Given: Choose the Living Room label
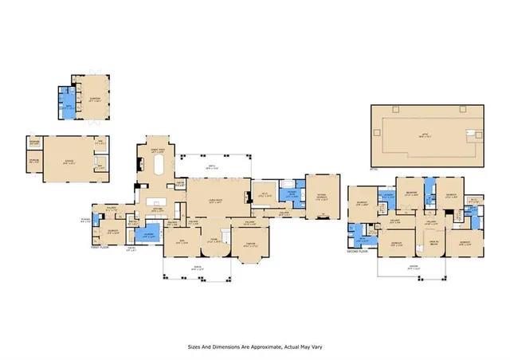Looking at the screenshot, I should [214, 202].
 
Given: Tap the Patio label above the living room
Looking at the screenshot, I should [211, 168].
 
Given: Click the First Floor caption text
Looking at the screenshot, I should [99, 248].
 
